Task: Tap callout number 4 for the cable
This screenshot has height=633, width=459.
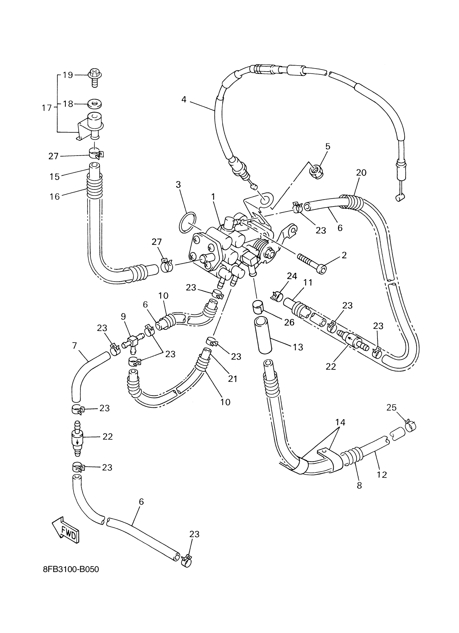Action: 184,99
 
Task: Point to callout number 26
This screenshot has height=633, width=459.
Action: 289,322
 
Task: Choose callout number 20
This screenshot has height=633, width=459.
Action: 361,173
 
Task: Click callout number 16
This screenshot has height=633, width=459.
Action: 55,197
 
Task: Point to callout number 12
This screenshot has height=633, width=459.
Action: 382,474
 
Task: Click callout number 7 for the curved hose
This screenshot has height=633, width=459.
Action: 74,345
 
